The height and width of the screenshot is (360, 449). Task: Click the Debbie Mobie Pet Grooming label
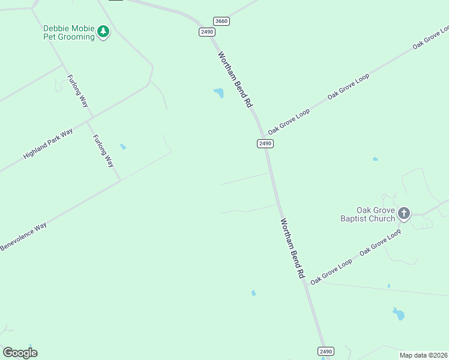click(x=68, y=32)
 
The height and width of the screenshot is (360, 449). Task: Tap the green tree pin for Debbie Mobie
click(x=103, y=31)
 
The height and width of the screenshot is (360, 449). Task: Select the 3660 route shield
click(x=221, y=21)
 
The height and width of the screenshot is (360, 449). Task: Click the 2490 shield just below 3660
click(x=207, y=32)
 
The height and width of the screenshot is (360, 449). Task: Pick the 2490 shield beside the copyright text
click(x=325, y=351)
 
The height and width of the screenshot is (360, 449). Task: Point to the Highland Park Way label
click(x=48, y=143)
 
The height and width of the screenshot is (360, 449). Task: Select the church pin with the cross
click(x=404, y=213)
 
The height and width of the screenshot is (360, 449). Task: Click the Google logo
click(x=20, y=353)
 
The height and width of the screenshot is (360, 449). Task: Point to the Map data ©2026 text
click(x=423, y=355)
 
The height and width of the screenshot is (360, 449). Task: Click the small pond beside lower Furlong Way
click(x=123, y=146)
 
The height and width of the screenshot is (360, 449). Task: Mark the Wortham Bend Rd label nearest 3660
click(x=235, y=79)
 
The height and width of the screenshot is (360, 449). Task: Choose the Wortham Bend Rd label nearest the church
click(x=293, y=248)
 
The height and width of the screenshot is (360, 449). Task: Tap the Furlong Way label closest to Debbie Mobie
click(x=78, y=91)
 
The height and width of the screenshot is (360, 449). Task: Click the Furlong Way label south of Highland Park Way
click(x=103, y=151)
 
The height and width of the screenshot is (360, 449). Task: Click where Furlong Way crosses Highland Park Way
click(x=88, y=121)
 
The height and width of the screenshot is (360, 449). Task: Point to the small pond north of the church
click(x=375, y=159)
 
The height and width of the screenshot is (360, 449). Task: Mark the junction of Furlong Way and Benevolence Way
click(x=121, y=179)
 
